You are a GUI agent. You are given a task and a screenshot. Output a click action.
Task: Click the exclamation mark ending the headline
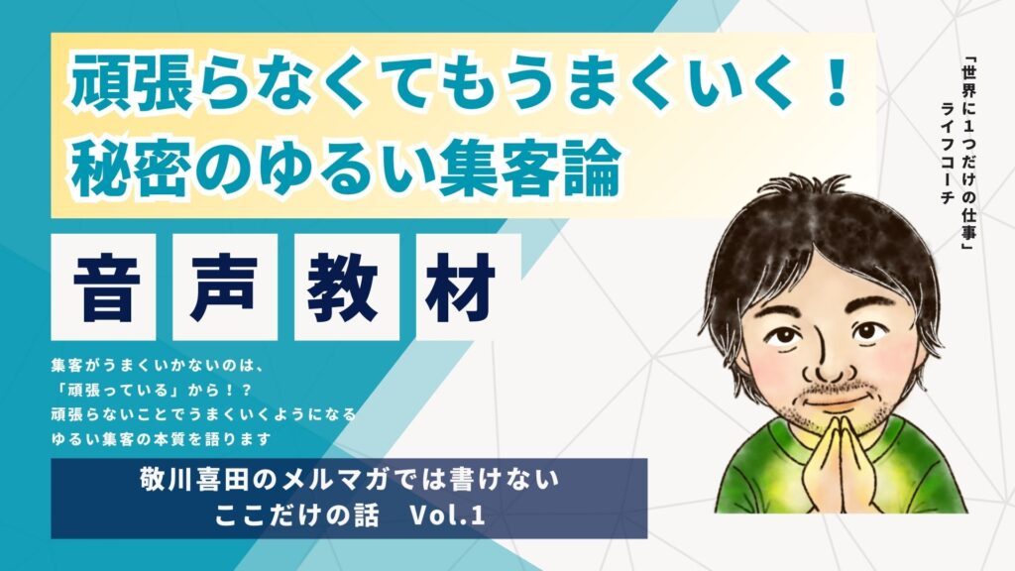coord(838,82)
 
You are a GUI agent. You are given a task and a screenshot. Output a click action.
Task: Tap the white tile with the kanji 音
coord(103,286)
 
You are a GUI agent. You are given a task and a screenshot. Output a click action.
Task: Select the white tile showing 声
coord(225,286)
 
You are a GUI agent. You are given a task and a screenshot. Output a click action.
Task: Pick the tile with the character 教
coord(346,286)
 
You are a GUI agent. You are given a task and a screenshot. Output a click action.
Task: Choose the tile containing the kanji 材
coord(468,286)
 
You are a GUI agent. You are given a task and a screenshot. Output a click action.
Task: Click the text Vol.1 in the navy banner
coord(448,515)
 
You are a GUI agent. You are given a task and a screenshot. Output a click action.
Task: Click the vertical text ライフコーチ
coord(948,152)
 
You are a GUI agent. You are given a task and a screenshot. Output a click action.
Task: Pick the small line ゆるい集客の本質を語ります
coord(161,439)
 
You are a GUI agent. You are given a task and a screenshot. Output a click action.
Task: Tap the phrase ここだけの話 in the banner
coord(297,515)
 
